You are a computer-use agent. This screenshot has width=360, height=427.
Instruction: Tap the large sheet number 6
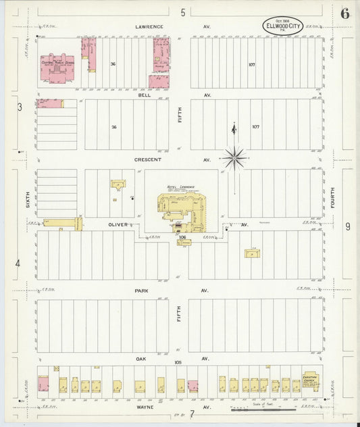(345, 14)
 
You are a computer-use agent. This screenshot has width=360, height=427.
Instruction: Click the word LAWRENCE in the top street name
(149, 27)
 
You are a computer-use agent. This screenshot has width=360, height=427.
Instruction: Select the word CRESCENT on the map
(147, 160)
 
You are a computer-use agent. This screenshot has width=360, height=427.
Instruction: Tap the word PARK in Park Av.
(142, 291)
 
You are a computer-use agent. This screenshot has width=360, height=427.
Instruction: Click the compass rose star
(234, 157)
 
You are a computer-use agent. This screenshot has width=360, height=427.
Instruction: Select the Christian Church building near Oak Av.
(311, 382)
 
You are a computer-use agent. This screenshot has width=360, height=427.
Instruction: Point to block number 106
(182, 238)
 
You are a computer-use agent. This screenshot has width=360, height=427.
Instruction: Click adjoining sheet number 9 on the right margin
(348, 227)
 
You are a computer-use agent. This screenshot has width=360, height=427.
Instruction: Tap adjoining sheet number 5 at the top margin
(182, 12)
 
